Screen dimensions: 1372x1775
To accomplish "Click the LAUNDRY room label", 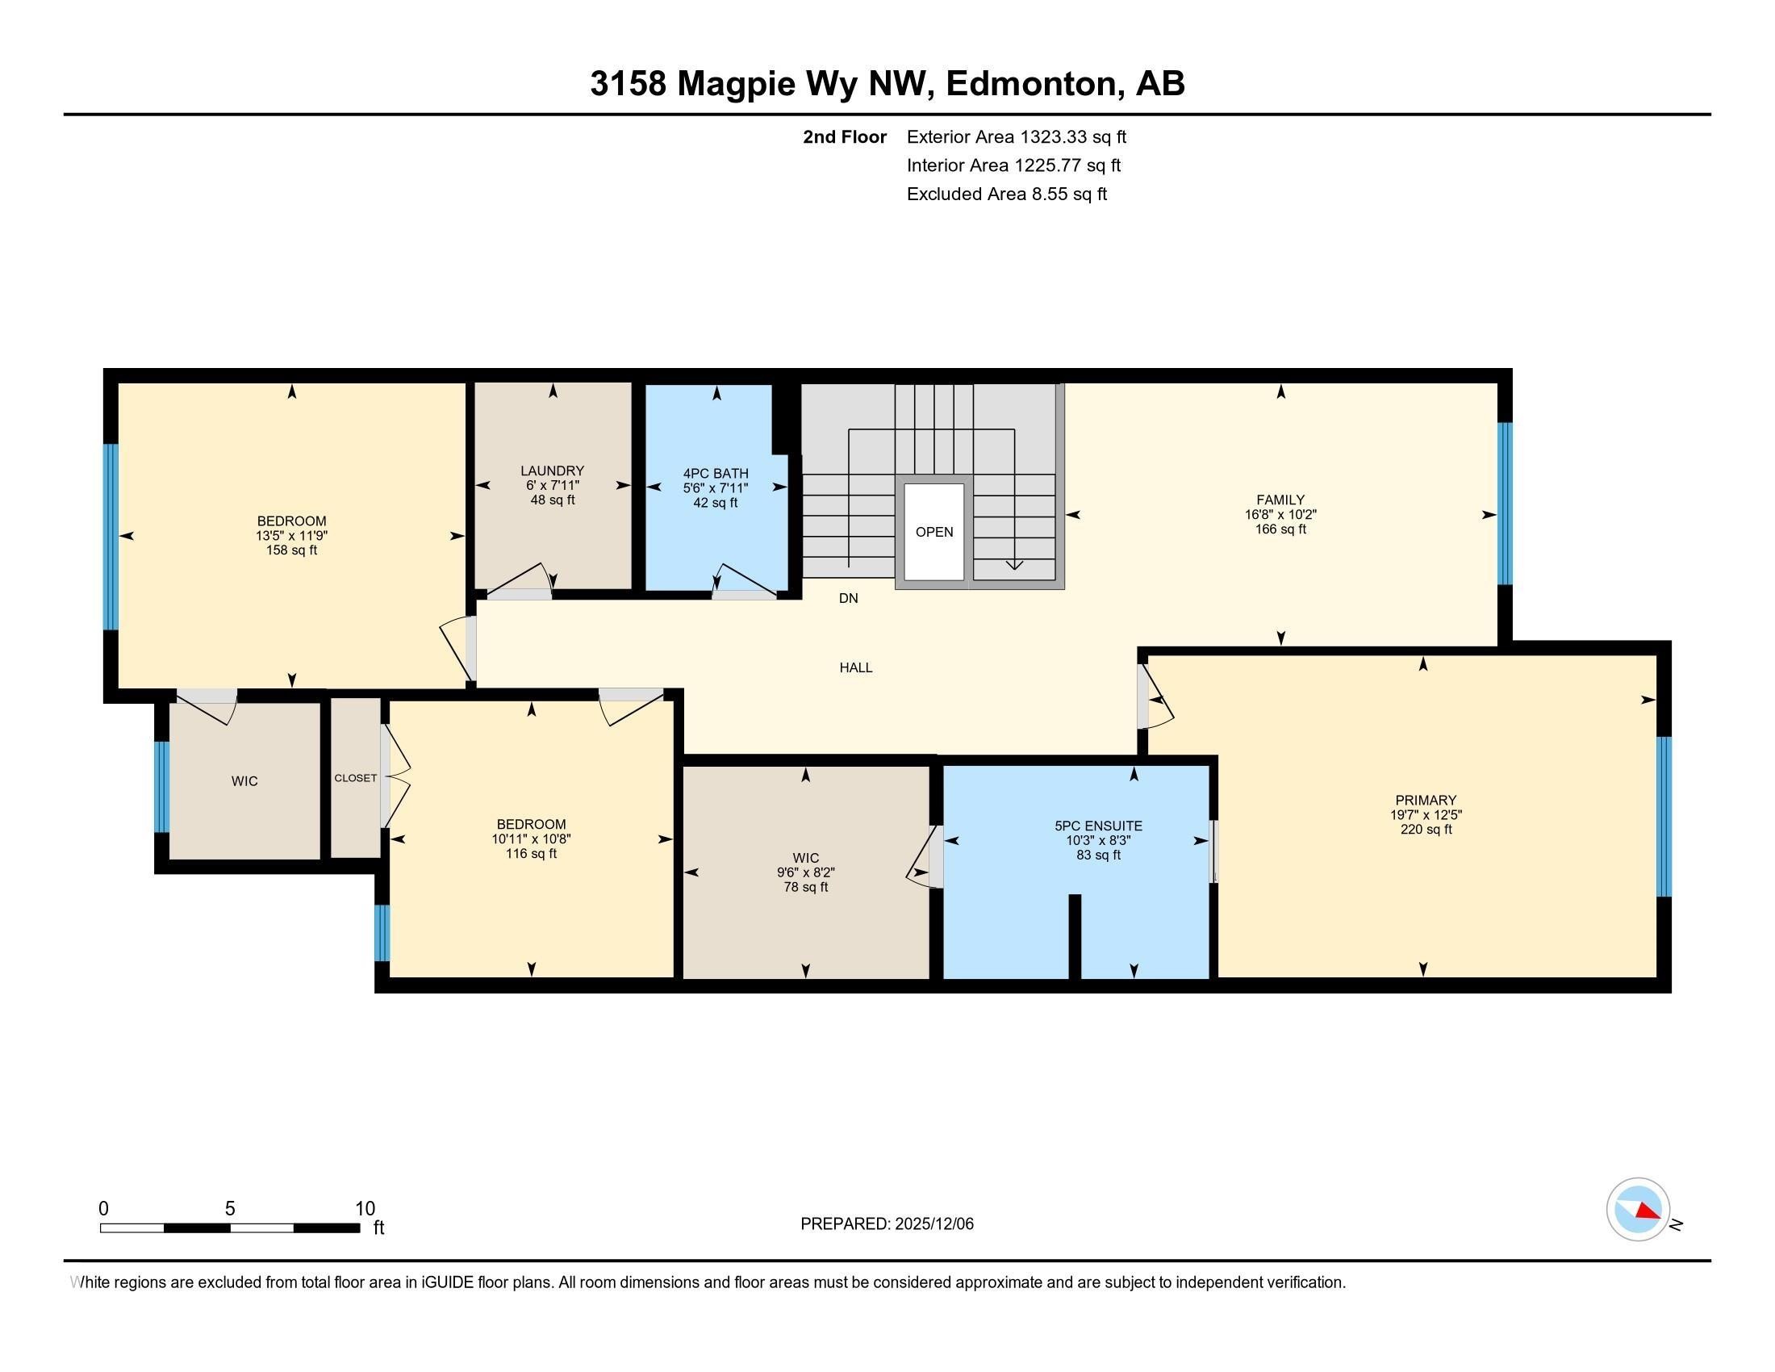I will pyautogui.click(x=552, y=471).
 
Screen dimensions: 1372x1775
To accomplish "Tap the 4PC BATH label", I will pyautogui.click(x=715, y=473).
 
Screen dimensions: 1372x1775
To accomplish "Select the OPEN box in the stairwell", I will pyautogui.click(x=933, y=532).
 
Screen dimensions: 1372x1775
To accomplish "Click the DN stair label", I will pyautogui.click(x=848, y=598).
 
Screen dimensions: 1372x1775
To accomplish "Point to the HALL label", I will pyautogui.click(x=855, y=667).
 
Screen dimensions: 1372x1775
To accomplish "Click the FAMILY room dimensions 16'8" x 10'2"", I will pyautogui.click(x=1280, y=515).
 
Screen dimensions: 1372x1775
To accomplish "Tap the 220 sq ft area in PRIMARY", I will pyautogui.click(x=1426, y=829).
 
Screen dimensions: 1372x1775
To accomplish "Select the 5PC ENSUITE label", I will pyautogui.click(x=1098, y=826).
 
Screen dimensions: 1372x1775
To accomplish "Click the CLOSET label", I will pyautogui.click(x=355, y=778).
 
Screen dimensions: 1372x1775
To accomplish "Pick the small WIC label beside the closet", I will pyautogui.click(x=244, y=781).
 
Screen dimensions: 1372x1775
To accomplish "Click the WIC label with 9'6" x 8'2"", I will pyautogui.click(x=804, y=857).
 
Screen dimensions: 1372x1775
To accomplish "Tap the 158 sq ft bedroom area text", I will pyautogui.click(x=291, y=550).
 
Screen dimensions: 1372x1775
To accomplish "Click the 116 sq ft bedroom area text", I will pyautogui.click(x=531, y=853).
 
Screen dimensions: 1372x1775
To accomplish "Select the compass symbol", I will pyautogui.click(x=1638, y=1209).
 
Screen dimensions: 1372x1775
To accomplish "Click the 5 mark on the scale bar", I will pyautogui.click(x=230, y=1209).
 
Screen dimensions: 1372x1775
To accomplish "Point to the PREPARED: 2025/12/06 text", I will pyautogui.click(x=886, y=1224).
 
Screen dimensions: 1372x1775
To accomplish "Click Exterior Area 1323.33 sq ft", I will pyautogui.click(x=1016, y=136).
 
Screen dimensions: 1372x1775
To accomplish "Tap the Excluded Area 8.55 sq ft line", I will pyautogui.click(x=1006, y=194).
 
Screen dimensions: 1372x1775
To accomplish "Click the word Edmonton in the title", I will pyautogui.click(x=1029, y=84).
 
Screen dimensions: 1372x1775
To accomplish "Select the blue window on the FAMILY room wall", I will pyautogui.click(x=1505, y=503).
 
